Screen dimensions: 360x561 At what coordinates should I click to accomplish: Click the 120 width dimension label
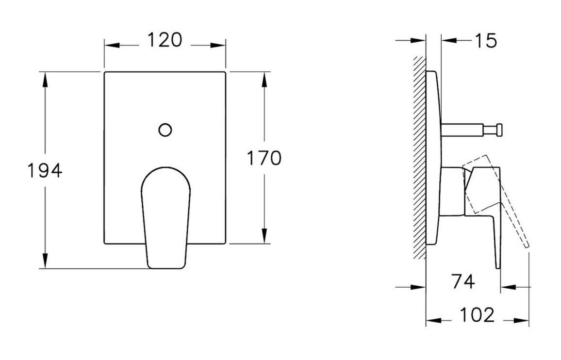165,40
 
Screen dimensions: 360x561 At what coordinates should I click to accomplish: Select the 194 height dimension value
44,170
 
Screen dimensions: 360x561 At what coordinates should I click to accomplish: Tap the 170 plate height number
264,158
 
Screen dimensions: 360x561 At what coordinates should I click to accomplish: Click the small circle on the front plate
165,130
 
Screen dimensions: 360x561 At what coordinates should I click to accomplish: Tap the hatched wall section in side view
418,160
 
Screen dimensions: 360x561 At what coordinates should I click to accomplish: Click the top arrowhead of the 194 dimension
45,78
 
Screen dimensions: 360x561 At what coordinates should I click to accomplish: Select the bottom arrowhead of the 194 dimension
45,262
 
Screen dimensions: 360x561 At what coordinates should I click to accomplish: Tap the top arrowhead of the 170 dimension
264,78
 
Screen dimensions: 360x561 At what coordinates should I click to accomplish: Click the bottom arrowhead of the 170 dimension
264,238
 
